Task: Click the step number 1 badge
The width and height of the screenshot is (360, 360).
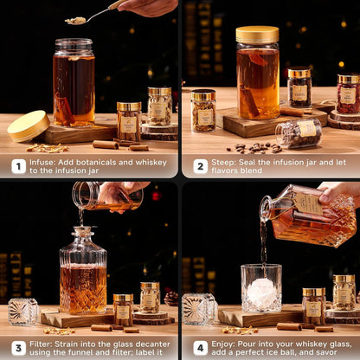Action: click(x=17, y=166)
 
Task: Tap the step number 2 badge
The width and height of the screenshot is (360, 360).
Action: click(x=199, y=166)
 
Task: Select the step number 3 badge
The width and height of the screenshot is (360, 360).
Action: click(x=17, y=347)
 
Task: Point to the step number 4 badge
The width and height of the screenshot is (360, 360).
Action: click(x=199, y=347)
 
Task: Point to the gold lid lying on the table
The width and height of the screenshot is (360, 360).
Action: click(x=28, y=125)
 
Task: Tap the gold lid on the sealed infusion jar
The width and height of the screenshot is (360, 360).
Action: click(x=257, y=35)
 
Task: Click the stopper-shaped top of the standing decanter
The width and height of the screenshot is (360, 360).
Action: click(x=83, y=235)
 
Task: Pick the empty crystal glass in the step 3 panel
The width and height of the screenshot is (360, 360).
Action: click(x=22, y=311)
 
